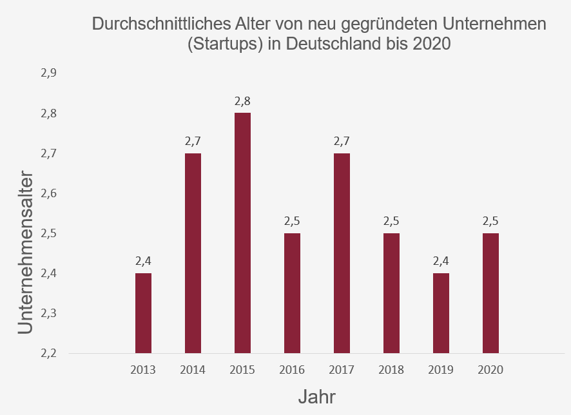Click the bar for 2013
[x=143, y=313]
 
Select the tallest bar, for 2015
[x=242, y=233]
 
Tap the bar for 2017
[x=342, y=253]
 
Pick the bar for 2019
[x=441, y=313]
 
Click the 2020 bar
[x=490, y=293]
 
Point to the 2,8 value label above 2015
[x=242, y=101]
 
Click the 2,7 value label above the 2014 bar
[x=193, y=141]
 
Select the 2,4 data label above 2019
[x=441, y=261]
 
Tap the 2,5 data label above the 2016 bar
[x=292, y=221]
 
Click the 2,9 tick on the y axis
[x=49, y=73]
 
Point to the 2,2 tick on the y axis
[x=49, y=353]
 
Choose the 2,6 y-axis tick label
[x=49, y=193]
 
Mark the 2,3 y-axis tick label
[x=49, y=313]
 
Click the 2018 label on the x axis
[x=391, y=370]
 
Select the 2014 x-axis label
[x=193, y=370]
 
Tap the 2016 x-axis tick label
[x=292, y=370]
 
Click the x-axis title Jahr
[x=317, y=396]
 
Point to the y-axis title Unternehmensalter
[x=24, y=251]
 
